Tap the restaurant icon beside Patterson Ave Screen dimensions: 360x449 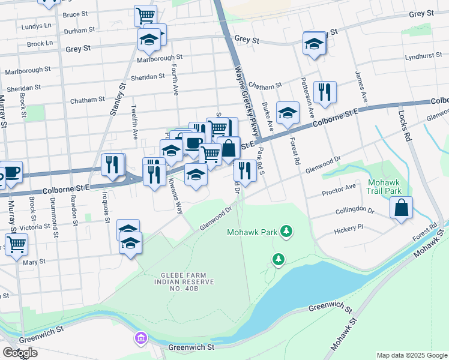[x=324, y=92]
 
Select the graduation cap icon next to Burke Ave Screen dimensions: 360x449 [x=288, y=112]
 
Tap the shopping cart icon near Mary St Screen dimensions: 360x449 [x=17, y=244]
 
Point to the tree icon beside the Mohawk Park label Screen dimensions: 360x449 [x=287, y=231]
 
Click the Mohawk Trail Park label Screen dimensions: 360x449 [x=384, y=186]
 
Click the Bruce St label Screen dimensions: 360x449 [x=75, y=14]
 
